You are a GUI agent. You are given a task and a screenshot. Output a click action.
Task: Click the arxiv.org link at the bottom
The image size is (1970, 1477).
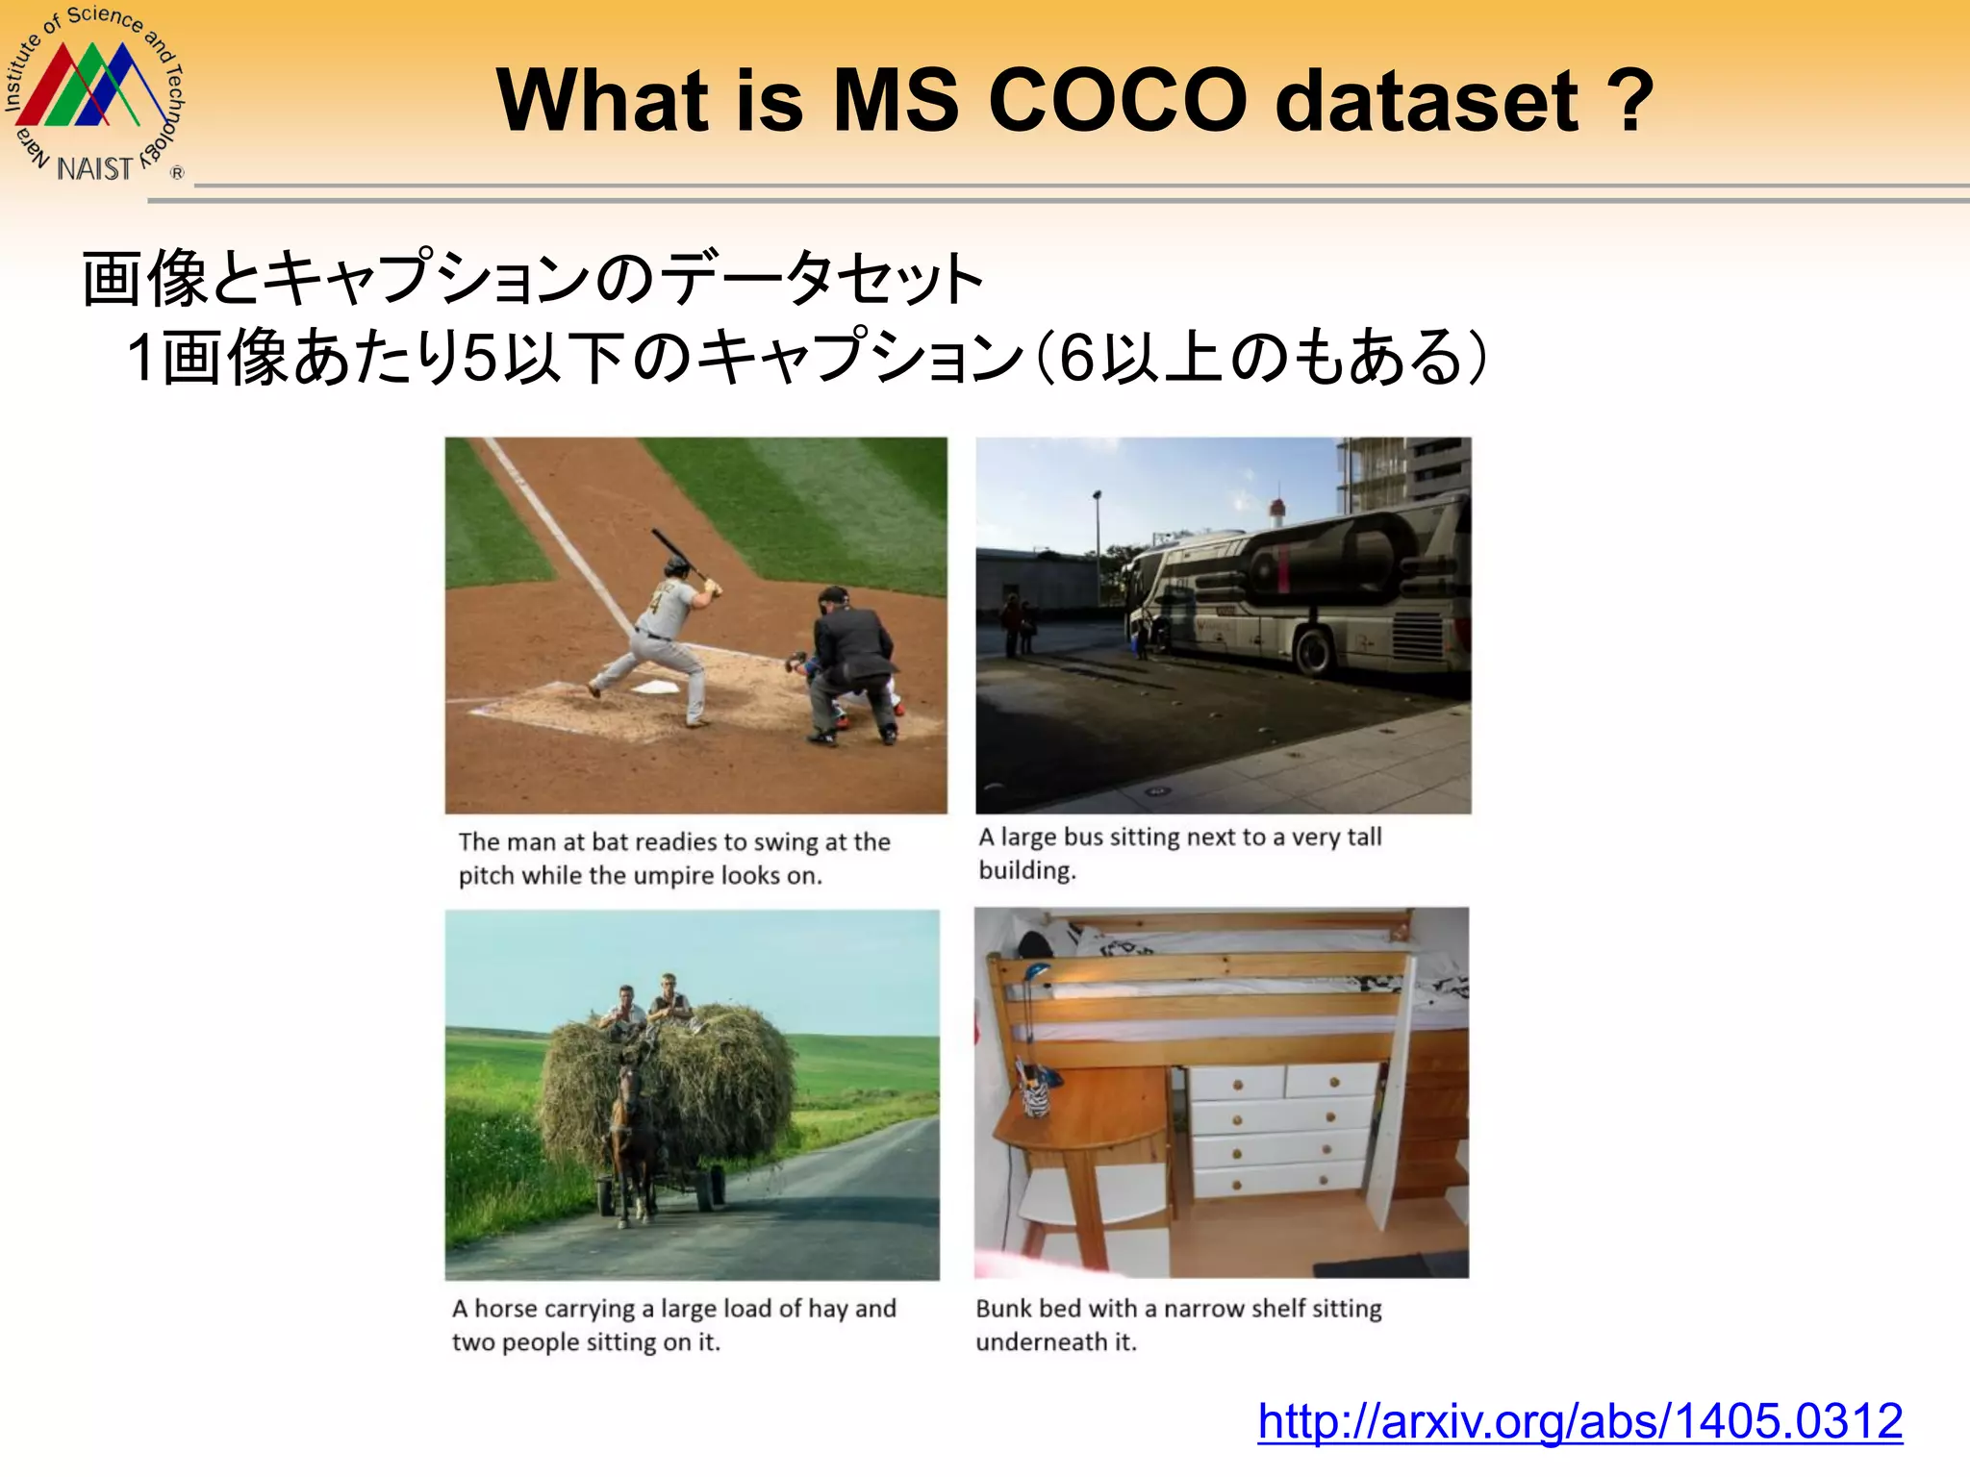coord(1579,1421)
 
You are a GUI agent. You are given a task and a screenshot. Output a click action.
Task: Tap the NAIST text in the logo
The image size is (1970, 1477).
coord(94,169)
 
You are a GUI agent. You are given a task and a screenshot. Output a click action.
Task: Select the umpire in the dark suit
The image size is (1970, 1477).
coord(850,663)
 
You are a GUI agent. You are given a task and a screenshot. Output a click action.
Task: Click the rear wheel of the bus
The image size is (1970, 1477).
coord(1314,649)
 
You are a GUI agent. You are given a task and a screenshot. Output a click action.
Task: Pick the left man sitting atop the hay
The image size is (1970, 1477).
coord(624,1010)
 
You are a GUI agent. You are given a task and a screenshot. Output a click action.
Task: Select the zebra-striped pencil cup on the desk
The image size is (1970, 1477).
coord(1036,1096)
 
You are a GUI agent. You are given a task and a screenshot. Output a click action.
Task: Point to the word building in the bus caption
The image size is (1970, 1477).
coord(1025,871)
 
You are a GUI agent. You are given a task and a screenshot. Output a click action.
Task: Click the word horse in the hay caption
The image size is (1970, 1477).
coord(519,1309)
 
